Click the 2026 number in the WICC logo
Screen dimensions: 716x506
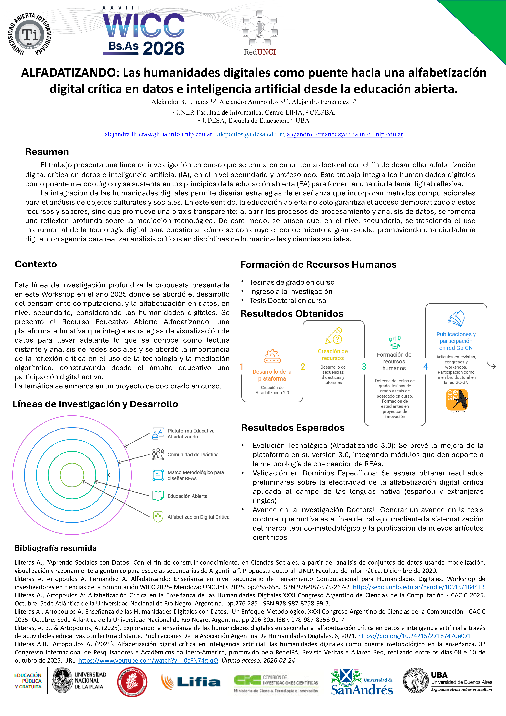click(x=164, y=48)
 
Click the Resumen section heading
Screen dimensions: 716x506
click(x=47, y=152)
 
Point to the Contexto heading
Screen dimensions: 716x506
click(x=36, y=264)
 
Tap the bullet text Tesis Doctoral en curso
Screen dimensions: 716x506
click(x=288, y=301)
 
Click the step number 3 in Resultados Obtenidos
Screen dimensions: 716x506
click(x=364, y=367)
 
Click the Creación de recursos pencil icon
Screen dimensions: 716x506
click(x=334, y=336)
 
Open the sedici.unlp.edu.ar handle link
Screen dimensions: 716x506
click(x=418, y=587)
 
